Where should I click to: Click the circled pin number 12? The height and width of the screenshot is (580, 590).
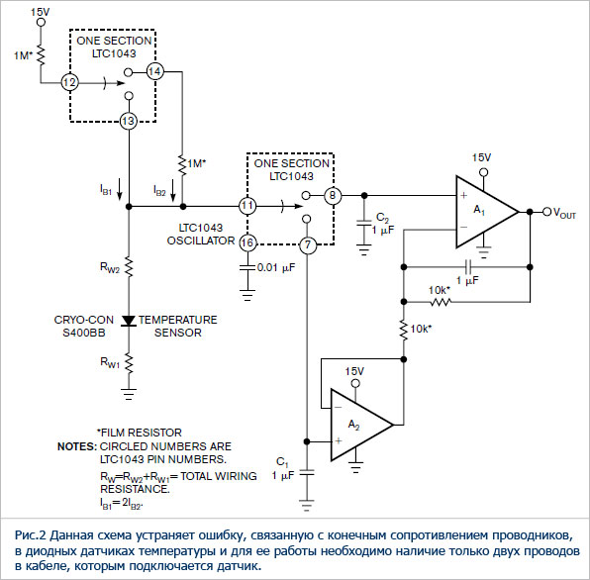[70, 82]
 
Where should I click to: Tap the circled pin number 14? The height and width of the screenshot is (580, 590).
[154, 71]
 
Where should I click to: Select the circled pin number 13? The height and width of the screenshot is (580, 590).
[129, 121]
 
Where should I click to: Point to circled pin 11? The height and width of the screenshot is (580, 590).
[247, 206]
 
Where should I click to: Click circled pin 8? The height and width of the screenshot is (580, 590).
[333, 196]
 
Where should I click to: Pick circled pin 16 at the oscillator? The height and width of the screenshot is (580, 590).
[247, 242]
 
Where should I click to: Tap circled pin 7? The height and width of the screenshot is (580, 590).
[308, 245]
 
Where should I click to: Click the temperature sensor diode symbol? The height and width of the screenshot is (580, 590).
[129, 321]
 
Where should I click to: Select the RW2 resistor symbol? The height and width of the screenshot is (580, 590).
[129, 267]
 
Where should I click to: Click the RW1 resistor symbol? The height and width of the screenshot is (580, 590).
[129, 363]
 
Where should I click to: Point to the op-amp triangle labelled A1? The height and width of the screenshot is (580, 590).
[487, 212]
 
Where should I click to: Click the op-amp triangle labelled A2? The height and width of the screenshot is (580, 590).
[362, 425]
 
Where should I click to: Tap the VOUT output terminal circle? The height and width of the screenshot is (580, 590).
[546, 212]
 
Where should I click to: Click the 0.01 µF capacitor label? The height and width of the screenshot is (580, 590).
[276, 267]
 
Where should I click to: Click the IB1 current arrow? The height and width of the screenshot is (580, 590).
[120, 190]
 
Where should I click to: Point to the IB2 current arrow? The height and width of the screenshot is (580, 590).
[173, 190]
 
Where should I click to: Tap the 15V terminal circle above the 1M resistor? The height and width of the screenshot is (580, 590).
[41, 22]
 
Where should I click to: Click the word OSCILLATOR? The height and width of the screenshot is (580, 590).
[201, 241]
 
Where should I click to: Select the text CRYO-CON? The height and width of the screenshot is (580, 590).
[83, 320]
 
